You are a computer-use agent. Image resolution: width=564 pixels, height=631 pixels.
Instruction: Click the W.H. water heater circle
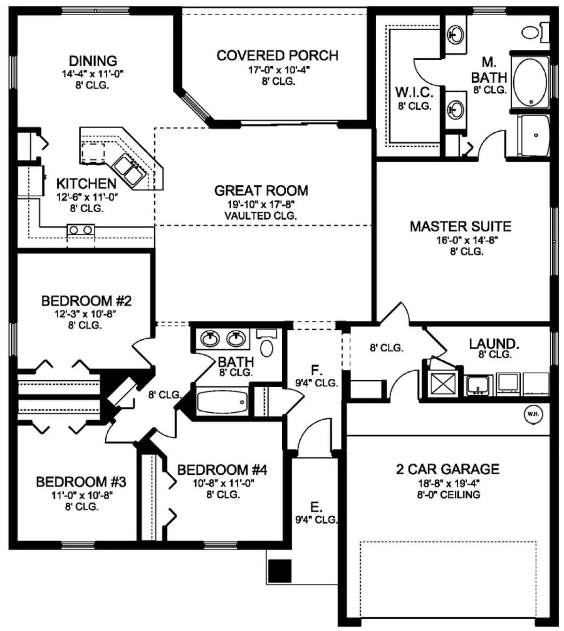tap(533, 414)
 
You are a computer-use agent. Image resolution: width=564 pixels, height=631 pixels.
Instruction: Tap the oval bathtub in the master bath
tap(531, 82)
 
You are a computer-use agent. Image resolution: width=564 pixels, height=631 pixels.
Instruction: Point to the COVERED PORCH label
tap(277, 56)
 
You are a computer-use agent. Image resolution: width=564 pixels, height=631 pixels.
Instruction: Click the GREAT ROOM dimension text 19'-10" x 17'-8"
tap(261, 204)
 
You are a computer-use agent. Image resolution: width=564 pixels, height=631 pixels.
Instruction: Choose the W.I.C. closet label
tap(414, 92)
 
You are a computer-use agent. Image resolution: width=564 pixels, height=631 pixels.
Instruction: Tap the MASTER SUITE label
tap(461, 226)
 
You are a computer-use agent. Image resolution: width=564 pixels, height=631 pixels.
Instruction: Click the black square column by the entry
tap(280, 571)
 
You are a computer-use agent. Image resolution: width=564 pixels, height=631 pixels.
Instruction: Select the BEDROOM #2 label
tap(86, 301)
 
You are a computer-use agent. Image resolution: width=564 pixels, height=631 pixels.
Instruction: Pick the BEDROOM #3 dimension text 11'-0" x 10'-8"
tap(82, 495)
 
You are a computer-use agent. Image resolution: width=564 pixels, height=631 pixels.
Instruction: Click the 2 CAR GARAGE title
tap(447, 469)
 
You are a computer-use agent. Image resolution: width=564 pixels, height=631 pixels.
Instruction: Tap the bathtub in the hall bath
tap(222, 402)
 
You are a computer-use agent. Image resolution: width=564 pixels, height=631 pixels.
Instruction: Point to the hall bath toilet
tap(266, 343)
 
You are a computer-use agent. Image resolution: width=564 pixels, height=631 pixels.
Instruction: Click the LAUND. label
tap(494, 344)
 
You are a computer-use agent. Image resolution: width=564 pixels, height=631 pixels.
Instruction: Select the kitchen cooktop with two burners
tap(80, 230)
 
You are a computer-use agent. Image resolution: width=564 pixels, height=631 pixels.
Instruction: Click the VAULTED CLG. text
tap(260, 216)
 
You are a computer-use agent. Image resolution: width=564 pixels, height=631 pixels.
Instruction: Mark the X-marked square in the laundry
tap(443, 383)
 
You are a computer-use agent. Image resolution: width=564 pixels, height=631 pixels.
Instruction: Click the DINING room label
tap(93, 61)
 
